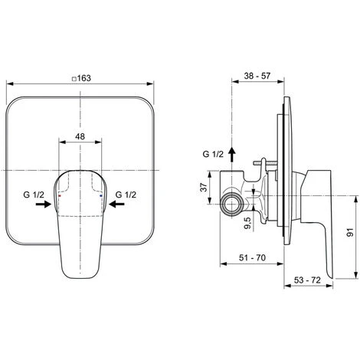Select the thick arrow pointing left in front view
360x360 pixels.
click(x=113, y=205)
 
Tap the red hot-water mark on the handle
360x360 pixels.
click(x=61, y=197)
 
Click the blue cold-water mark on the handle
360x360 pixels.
click(x=101, y=197)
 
